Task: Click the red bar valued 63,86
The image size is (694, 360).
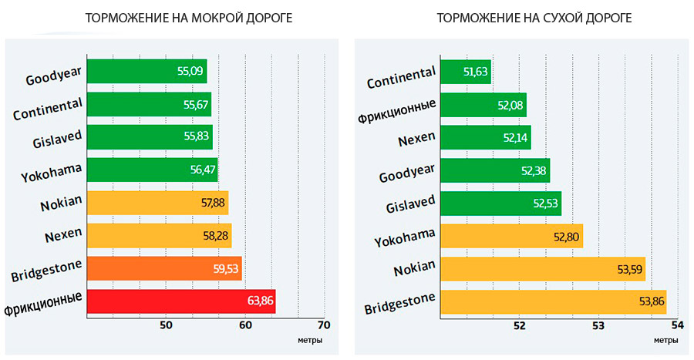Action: coord(181,301)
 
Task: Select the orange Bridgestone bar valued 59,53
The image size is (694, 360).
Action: coord(164,268)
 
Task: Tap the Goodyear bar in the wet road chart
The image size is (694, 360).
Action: coord(147,71)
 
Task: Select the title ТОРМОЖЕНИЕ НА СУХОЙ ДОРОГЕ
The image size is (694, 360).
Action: coord(534,17)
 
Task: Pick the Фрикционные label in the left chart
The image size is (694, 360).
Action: coord(44,303)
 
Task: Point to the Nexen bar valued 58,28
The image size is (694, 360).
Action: coord(159,235)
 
